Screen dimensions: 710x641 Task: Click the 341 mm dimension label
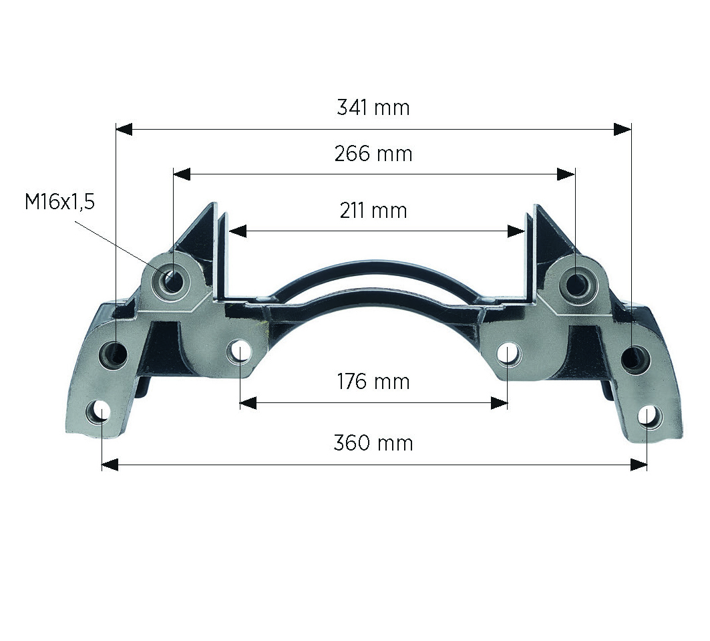click(x=373, y=108)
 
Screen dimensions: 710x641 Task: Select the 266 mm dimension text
click(x=373, y=154)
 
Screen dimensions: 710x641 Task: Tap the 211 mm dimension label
click(x=373, y=211)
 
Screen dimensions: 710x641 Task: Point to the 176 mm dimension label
click(x=373, y=382)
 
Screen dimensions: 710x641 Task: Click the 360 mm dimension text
click(x=373, y=443)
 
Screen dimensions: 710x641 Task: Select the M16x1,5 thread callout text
click(x=59, y=202)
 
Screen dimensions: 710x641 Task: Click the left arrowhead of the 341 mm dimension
click(x=124, y=129)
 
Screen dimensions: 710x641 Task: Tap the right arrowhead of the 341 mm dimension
click(x=623, y=129)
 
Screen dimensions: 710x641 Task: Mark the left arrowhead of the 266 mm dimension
click(x=182, y=174)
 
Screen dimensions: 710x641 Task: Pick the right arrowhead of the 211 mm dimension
click(x=516, y=231)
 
